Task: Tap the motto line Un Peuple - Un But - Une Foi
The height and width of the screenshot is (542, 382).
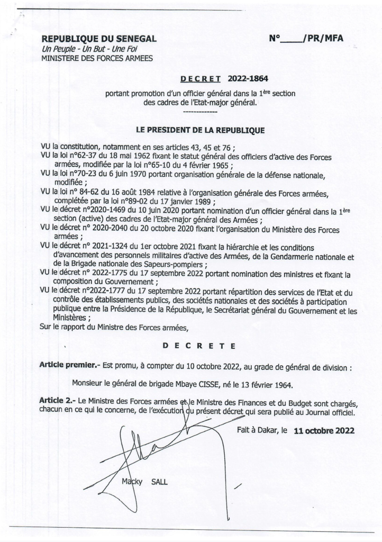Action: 83,49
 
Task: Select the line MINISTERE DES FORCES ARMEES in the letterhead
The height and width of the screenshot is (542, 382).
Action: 97,58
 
